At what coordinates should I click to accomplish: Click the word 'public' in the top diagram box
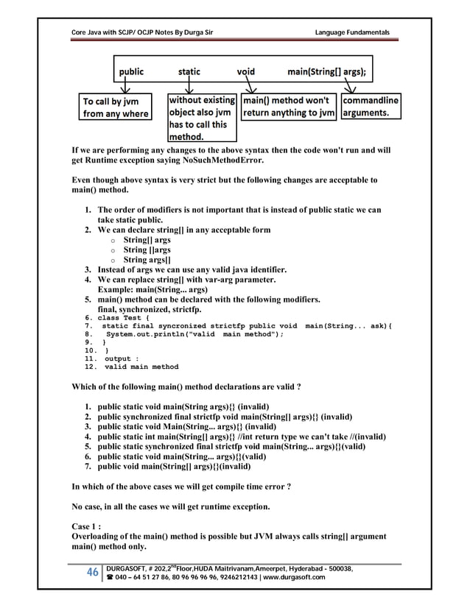tap(128, 72)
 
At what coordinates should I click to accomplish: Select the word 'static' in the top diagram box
tap(189, 72)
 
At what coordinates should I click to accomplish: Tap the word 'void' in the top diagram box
tap(245, 72)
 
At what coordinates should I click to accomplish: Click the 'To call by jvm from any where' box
tap(116, 107)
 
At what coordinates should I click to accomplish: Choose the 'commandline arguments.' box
tap(371, 107)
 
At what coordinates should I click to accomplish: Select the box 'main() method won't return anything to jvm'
tap(290, 107)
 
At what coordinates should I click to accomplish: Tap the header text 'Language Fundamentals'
tap(352, 32)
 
